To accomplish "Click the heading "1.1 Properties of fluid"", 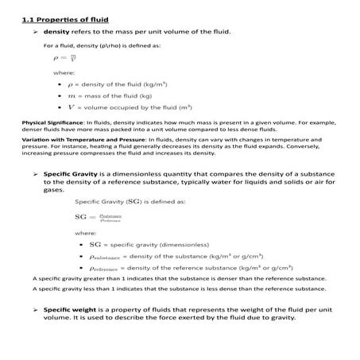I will [65, 18].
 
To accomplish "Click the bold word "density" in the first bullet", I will [56, 31].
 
